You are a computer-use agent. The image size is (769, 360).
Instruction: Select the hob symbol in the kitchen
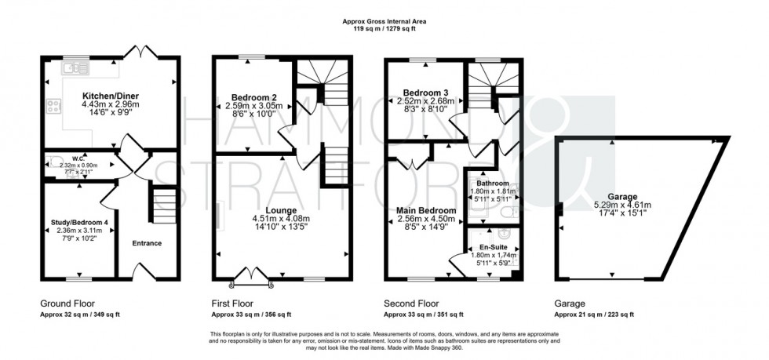[55, 106]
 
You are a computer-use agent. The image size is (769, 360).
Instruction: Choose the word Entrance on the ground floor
[147, 243]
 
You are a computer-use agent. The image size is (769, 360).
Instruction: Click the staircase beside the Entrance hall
[163, 205]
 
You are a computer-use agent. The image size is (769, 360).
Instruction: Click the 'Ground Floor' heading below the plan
[67, 302]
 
